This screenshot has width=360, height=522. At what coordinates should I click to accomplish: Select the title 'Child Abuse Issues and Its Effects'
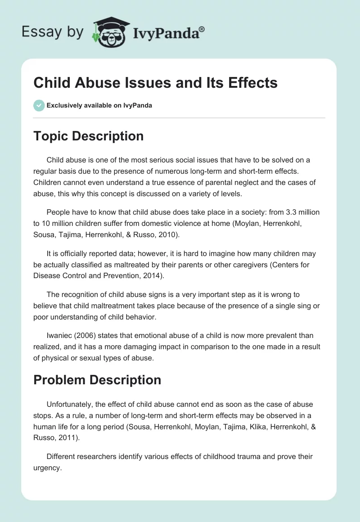coord(155,83)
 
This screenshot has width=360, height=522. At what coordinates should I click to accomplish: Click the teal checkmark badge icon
coord(39,105)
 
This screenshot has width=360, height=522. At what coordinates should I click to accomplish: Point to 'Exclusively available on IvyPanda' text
coord(99,106)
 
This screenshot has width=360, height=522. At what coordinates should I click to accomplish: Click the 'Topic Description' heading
coord(88,136)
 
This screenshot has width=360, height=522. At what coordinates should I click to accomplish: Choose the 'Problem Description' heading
coord(97,380)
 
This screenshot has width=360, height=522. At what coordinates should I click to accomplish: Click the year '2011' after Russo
coord(67,437)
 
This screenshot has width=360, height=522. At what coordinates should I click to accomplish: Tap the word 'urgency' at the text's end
coord(47,468)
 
